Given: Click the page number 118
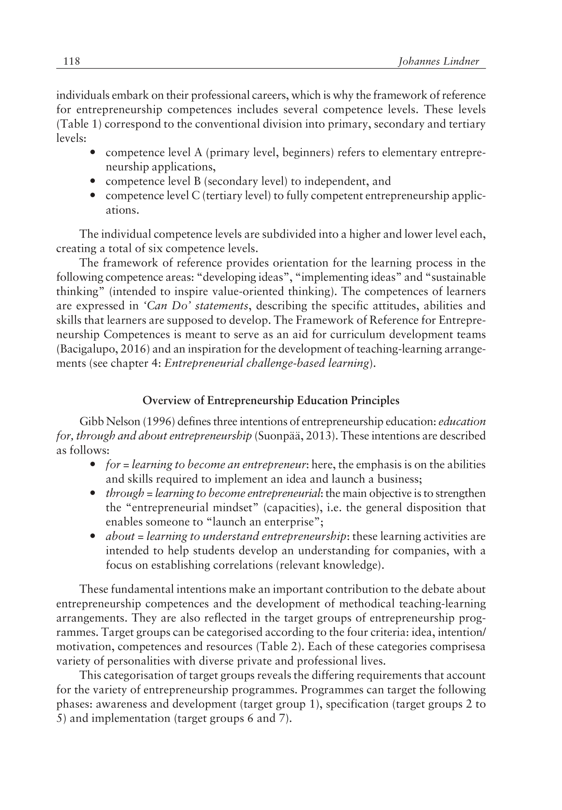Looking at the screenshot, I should coord(71,62).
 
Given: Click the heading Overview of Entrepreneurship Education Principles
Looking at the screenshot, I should coord(271,400).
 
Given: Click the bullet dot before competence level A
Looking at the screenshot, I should coord(93,153).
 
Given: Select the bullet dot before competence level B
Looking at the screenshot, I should coord(93,182).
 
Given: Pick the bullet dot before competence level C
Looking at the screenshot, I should coord(93,196).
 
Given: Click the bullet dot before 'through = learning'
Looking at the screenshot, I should coord(93,494).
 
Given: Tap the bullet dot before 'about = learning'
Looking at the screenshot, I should coord(93,537).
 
